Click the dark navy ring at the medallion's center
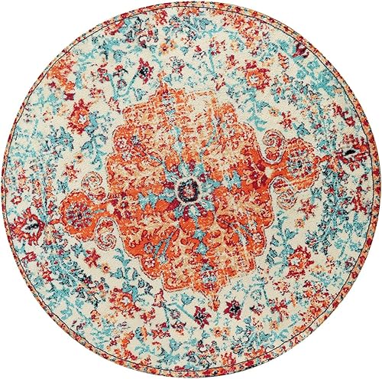click(186, 188)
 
